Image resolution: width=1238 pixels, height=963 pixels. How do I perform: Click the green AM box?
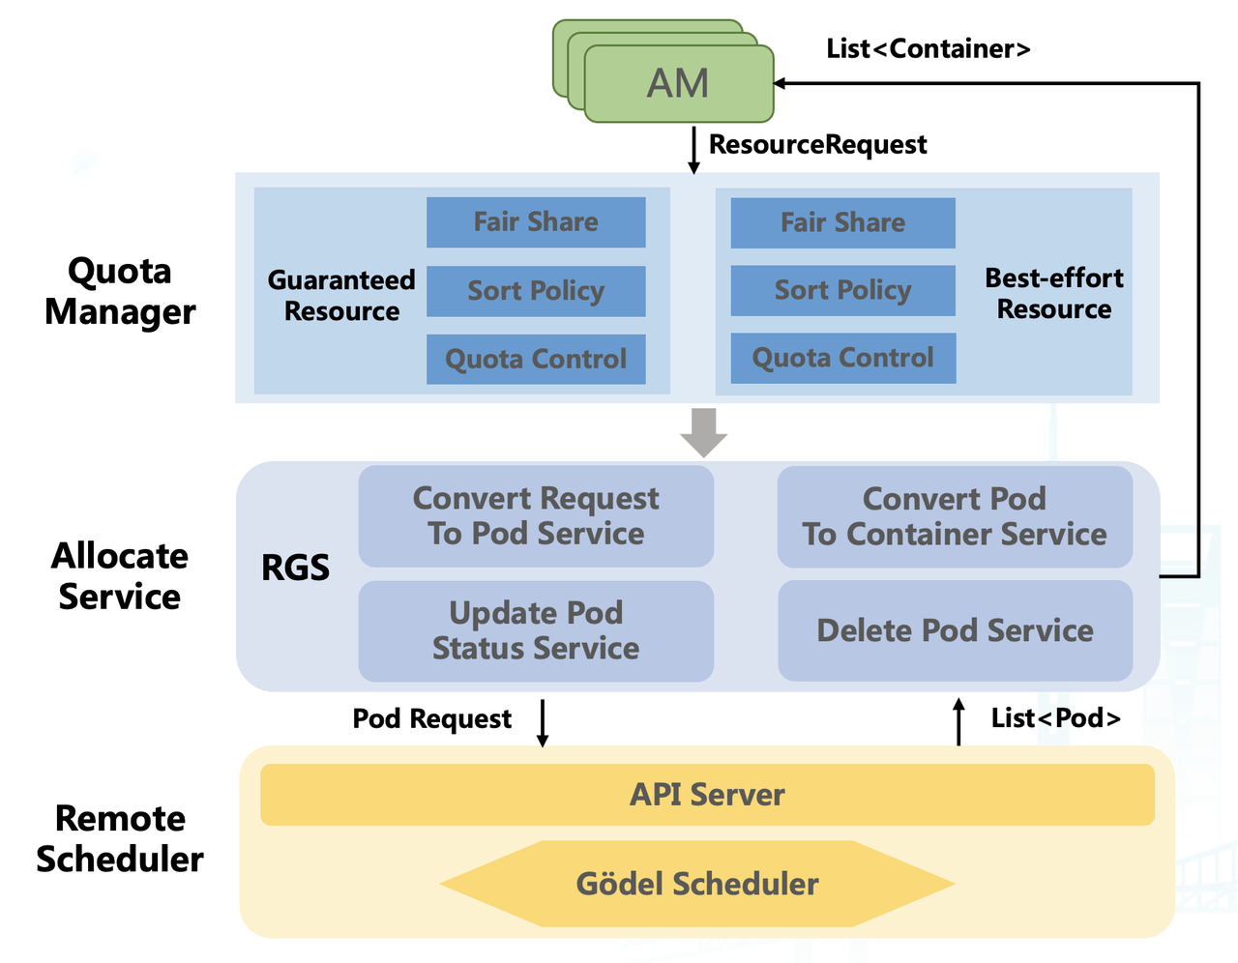click(678, 83)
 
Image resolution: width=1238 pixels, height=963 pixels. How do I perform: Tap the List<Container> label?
click(928, 48)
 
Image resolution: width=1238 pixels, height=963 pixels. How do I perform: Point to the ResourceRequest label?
click(817, 144)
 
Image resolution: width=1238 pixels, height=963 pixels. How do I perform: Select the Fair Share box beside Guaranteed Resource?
click(536, 222)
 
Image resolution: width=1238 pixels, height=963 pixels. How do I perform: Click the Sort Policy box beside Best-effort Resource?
click(842, 290)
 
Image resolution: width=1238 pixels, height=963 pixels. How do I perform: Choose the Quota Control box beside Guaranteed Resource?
click(536, 359)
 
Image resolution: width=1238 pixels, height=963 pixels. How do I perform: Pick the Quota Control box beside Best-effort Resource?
click(842, 358)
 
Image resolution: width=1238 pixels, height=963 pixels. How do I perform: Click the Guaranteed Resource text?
click(341, 295)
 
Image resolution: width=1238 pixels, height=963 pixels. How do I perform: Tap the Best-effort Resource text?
click(1053, 293)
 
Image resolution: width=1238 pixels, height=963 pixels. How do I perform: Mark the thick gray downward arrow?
click(703, 432)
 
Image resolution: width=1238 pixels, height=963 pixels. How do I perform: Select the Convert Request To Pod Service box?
click(536, 516)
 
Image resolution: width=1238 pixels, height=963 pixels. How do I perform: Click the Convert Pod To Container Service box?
click(955, 516)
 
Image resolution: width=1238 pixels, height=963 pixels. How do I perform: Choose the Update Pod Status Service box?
click(536, 630)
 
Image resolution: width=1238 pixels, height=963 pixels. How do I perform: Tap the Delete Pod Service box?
click(955, 630)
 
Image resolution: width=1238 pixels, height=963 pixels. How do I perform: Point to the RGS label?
click(295, 568)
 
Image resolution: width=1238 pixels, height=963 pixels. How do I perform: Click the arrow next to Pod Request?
click(543, 722)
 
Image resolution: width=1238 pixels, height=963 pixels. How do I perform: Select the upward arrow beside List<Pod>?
click(958, 721)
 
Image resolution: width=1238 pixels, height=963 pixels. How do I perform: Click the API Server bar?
click(707, 795)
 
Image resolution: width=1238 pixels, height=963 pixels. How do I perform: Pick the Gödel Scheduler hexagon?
click(697, 884)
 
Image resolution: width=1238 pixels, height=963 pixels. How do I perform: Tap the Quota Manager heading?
click(120, 291)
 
